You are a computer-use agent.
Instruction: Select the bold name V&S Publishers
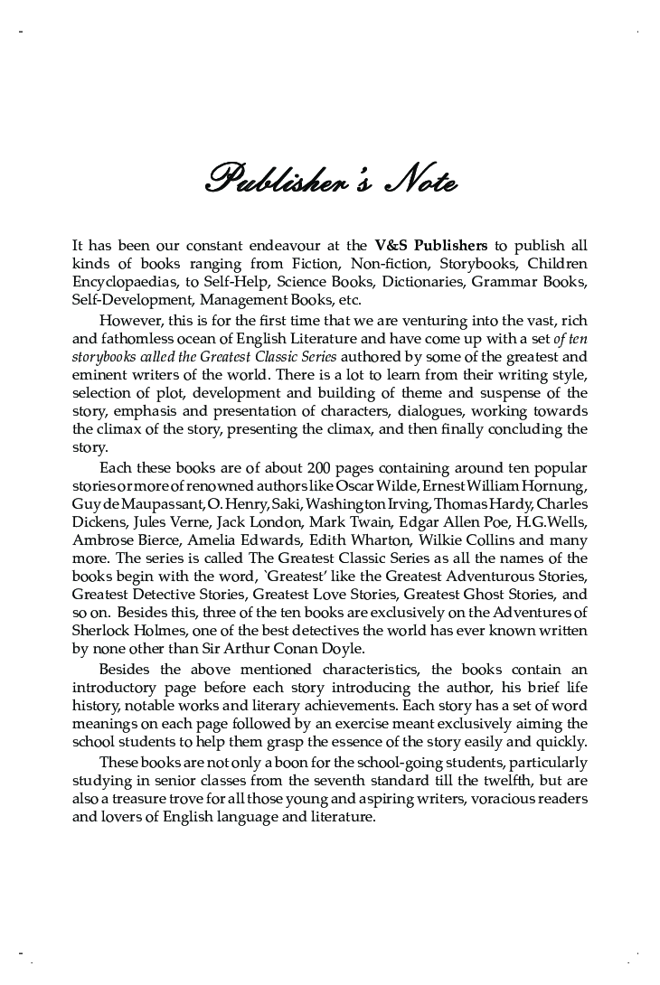pyautogui.click(x=430, y=245)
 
